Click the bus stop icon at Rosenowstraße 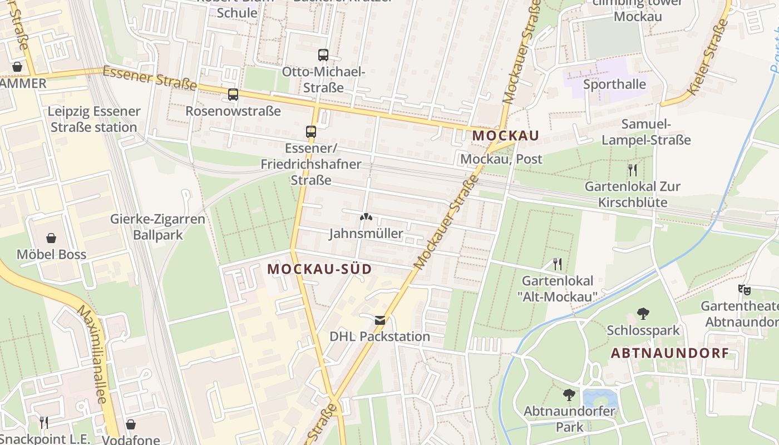coord(233,95)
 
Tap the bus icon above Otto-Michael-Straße coord(323,55)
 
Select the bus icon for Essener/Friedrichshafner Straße coord(311,132)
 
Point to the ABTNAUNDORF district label coord(670,353)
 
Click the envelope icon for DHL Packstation coord(380,320)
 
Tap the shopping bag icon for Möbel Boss coord(51,238)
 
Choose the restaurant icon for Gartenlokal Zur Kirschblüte coord(632,169)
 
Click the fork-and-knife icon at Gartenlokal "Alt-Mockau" coord(558,264)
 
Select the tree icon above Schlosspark coord(643,314)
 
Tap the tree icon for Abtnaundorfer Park coord(569,395)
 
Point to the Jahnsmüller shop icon coord(366,217)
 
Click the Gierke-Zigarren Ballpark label coord(158,227)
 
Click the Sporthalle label coord(614,85)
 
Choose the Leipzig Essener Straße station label coord(93,119)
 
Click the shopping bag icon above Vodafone coord(131,424)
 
